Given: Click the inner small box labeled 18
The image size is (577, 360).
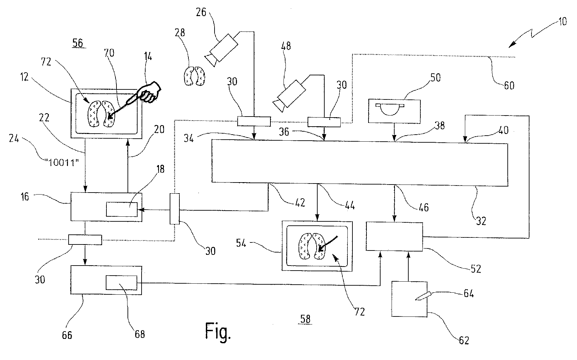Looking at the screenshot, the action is point(121,209).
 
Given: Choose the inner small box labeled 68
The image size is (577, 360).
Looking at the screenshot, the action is point(121,283).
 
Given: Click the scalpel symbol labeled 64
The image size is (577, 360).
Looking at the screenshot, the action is point(421,297).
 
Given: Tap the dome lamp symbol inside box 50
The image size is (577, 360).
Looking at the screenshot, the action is point(390,110).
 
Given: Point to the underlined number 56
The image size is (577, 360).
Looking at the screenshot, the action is point(79,44).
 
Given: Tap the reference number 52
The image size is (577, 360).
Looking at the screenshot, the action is point(475,268).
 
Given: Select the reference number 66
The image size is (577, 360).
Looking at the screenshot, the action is point(67,335).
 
